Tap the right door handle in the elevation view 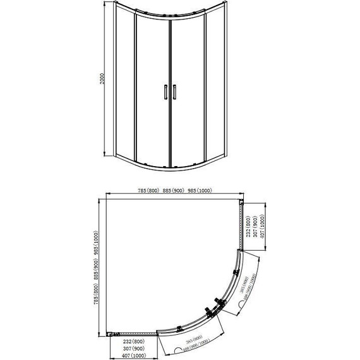click(x=172, y=92)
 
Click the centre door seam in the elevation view click(x=169, y=88)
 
